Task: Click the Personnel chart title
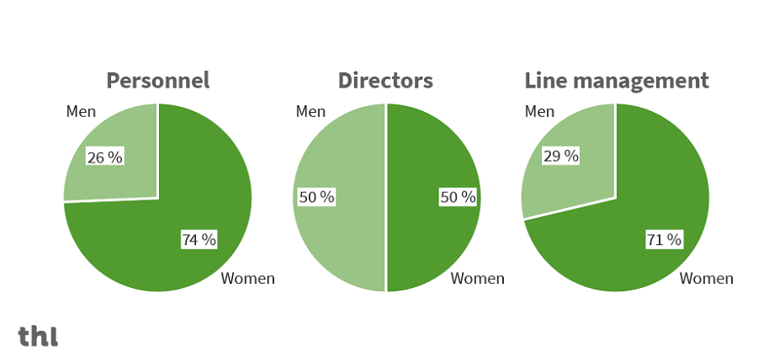(x=157, y=81)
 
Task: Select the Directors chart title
(x=385, y=81)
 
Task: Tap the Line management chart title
(x=617, y=81)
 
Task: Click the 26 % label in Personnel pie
(x=105, y=157)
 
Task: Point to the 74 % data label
(x=199, y=240)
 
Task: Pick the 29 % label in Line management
(x=560, y=156)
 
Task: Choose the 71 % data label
(x=664, y=240)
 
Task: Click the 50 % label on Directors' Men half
(x=317, y=197)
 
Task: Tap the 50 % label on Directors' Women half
(x=458, y=197)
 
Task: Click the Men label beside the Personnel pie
(x=81, y=111)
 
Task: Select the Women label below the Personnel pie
(x=247, y=279)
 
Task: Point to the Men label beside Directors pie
(x=310, y=111)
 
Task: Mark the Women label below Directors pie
(x=477, y=279)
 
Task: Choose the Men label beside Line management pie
(x=539, y=111)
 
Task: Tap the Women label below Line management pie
(x=706, y=279)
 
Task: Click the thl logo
(x=39, y=336)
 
